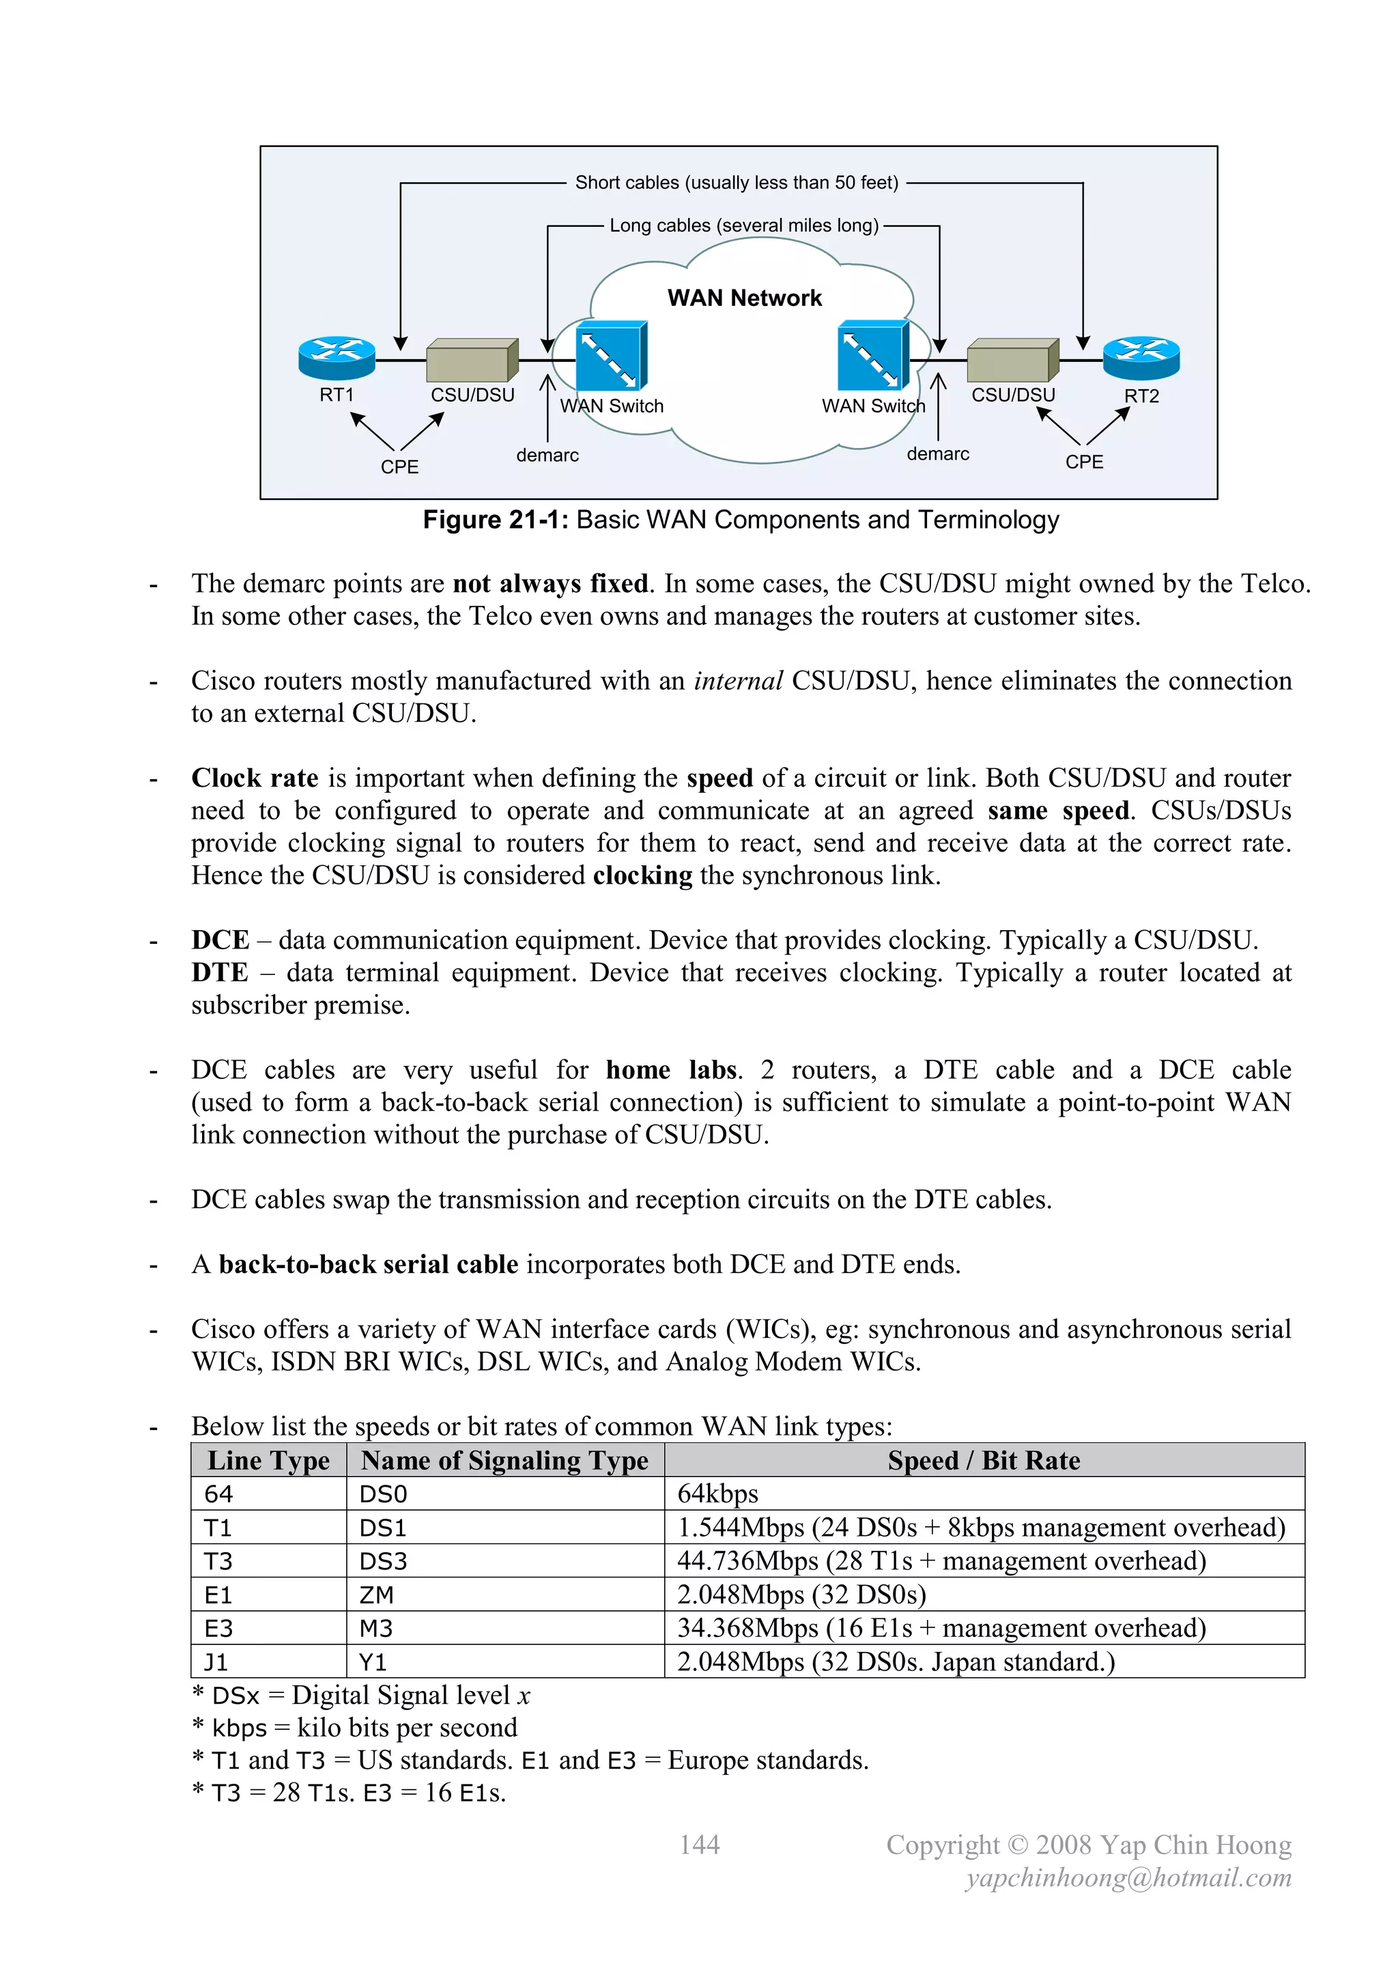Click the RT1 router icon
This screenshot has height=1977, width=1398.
337,357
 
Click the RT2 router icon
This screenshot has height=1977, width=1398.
1141,357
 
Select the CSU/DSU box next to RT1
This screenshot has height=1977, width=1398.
472,360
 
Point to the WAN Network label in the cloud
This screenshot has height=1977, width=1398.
745,298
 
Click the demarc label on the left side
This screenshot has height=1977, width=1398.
547,455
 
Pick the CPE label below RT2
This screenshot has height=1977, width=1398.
1084,462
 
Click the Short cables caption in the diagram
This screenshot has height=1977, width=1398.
736,182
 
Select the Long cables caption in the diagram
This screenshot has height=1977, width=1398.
744,225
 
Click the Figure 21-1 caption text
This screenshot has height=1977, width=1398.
741,520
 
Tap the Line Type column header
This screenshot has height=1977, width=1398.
268,1460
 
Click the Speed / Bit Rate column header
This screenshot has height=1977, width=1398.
984,1460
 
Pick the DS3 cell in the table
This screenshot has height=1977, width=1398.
383,1561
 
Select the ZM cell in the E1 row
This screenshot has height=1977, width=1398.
376,1595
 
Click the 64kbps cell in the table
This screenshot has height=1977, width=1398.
718,1494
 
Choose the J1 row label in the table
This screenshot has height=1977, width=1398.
216,1662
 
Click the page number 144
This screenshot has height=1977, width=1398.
699,1845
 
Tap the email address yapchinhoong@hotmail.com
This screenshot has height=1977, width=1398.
1128,1878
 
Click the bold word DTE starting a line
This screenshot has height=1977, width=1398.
220,973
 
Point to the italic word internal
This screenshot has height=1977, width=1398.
738,681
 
